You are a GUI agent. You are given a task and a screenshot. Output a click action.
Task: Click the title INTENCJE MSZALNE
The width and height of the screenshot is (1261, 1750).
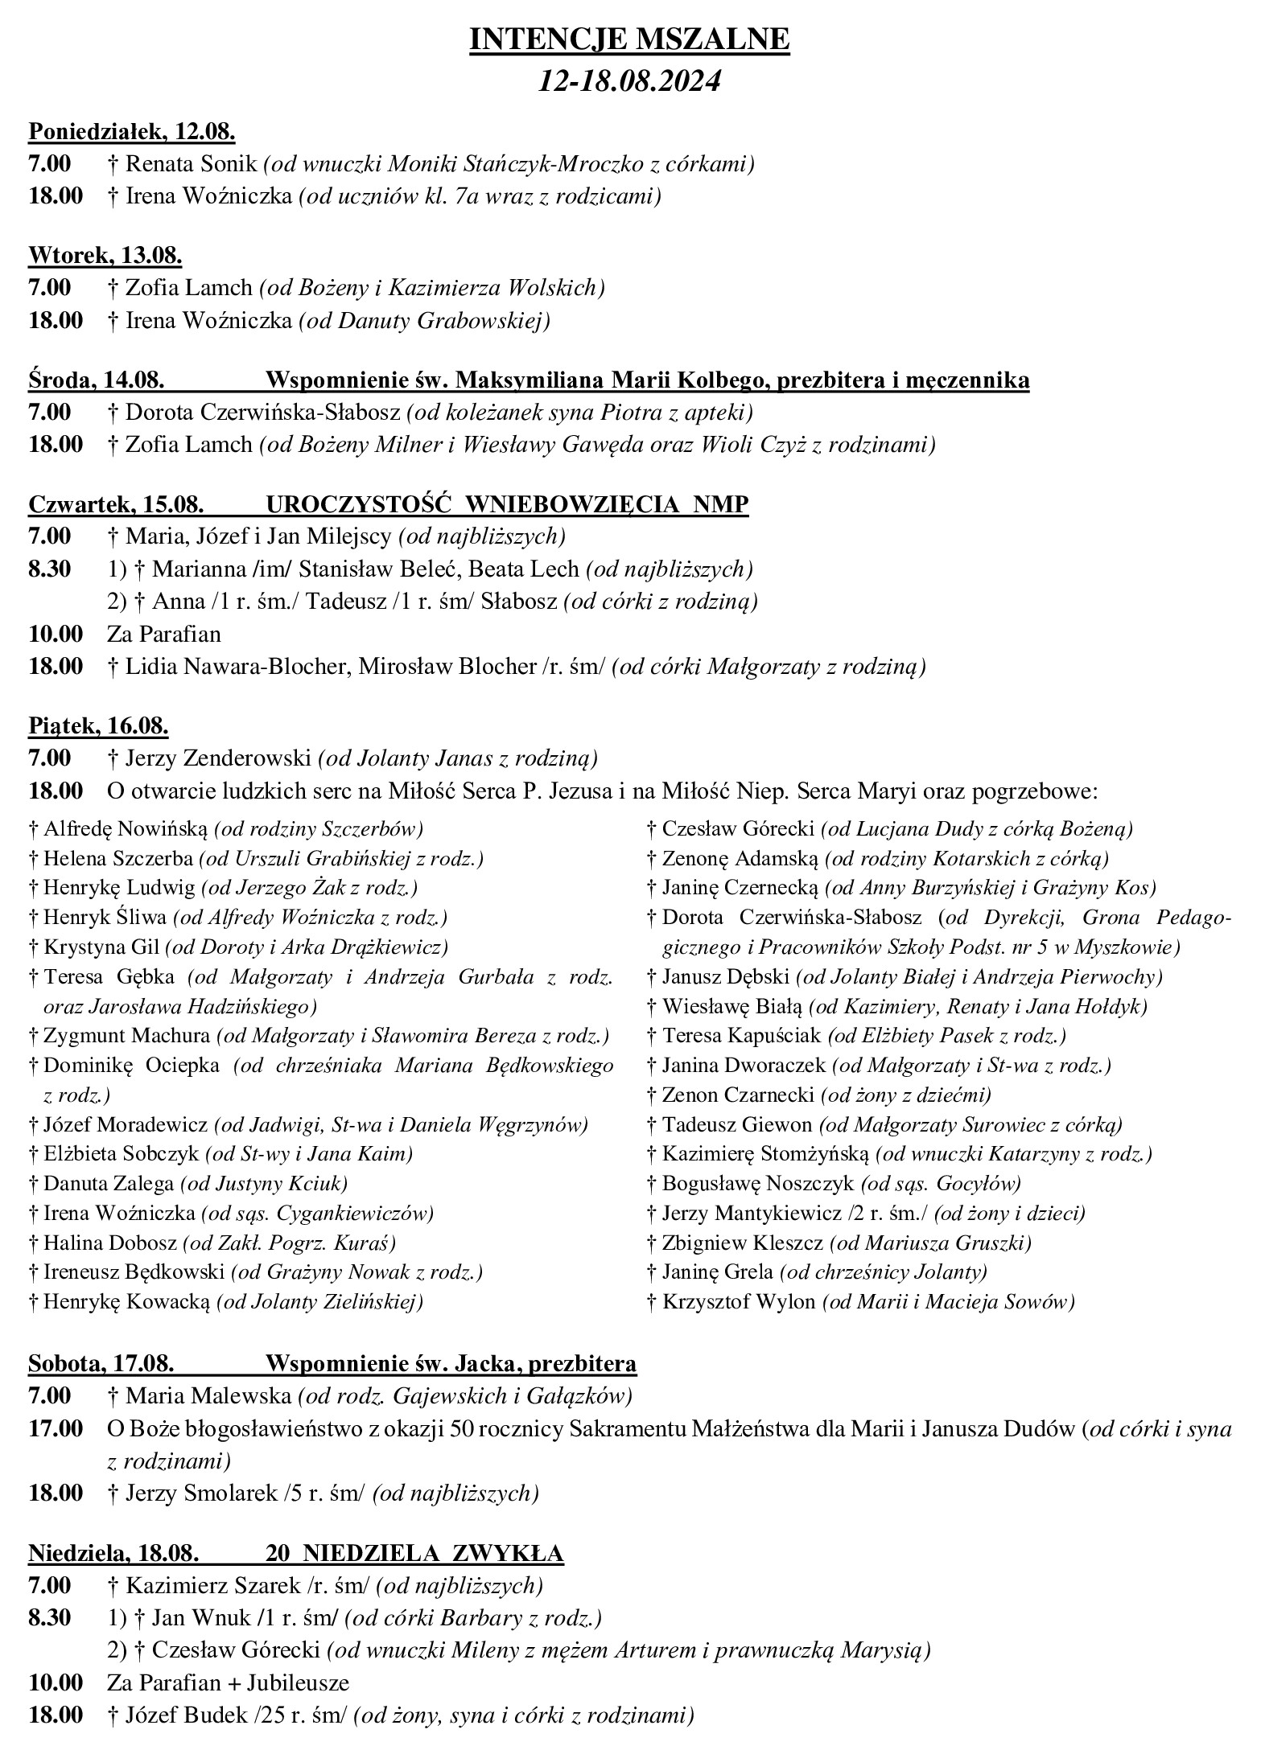[x=629, y=40]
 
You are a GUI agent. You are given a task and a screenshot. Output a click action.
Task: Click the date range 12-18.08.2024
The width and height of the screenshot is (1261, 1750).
[x=629, y=82]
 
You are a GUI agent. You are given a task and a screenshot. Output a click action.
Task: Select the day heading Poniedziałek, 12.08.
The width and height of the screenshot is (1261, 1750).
[x=132, y=131]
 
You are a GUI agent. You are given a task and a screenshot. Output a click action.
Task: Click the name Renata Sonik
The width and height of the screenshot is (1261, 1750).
[x=193, y=164]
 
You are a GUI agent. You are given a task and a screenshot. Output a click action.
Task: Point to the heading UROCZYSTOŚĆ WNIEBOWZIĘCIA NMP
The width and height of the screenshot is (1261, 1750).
[x=507, y=504]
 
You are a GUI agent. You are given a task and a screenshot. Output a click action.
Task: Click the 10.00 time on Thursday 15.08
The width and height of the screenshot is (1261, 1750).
[x=56, y=634]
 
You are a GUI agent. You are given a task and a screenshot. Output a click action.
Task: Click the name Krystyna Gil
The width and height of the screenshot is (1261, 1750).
[x=102, y=947]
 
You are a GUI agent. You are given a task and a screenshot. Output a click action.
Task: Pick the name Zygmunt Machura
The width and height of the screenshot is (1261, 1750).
[x=126, y=1036]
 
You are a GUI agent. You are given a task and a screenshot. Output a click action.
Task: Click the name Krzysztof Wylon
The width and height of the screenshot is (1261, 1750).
[x=739, y=1301]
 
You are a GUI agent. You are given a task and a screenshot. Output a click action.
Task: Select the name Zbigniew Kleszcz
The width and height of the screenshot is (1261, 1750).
[x=742, y=1243]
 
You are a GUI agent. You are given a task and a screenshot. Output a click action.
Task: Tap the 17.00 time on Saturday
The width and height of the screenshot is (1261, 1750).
[x=56, y=1429]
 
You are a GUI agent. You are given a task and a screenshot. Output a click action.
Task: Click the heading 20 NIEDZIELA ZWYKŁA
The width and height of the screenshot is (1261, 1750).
[x=414, y=1552]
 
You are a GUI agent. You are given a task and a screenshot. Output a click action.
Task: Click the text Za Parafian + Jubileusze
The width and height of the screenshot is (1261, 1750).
[x=228, y=1683]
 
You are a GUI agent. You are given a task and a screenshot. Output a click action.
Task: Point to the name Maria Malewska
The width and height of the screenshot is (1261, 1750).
[x=210, y=1396]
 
